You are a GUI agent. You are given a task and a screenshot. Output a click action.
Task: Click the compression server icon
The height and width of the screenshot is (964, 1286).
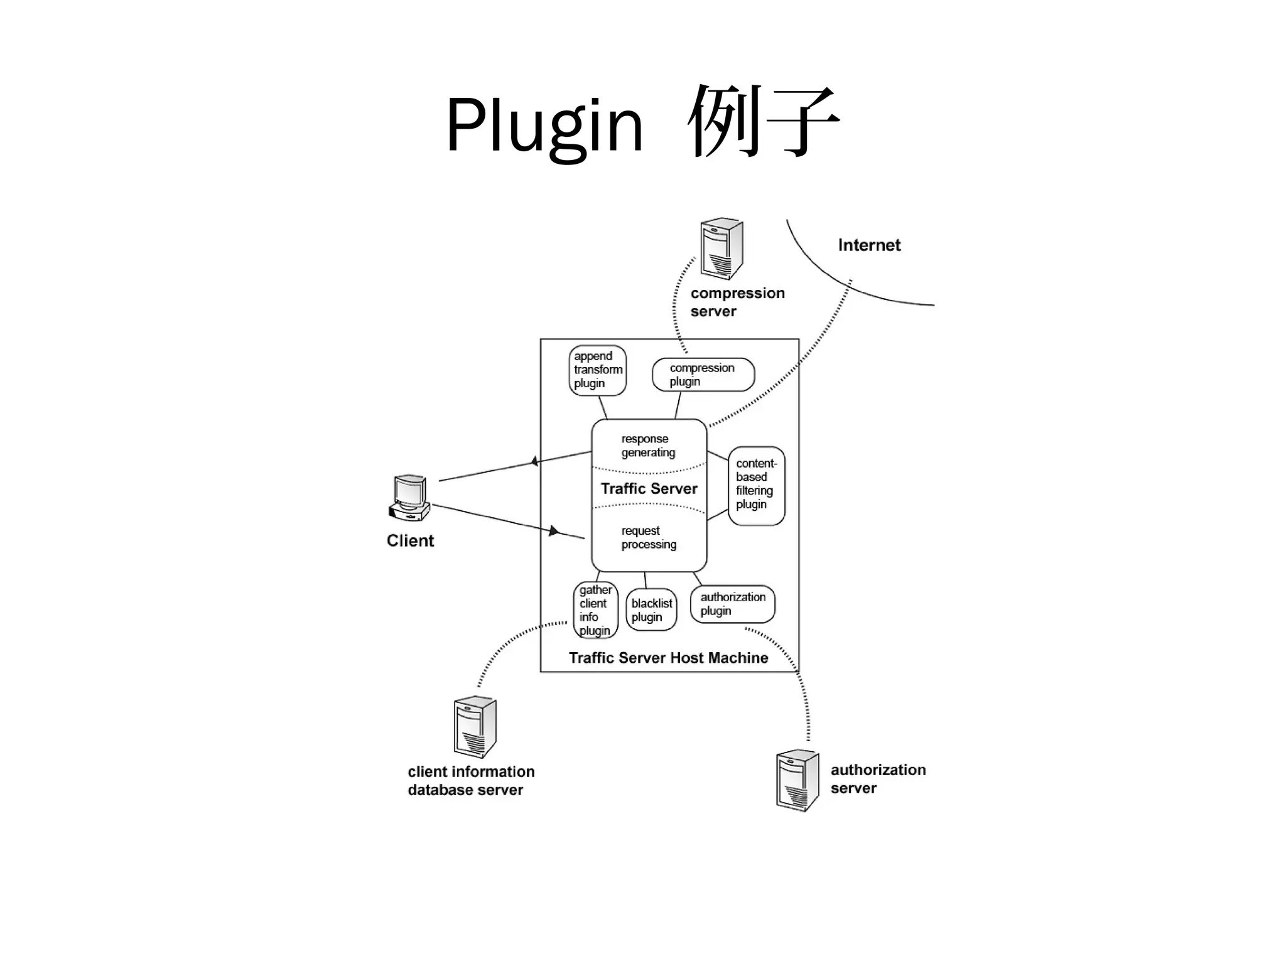click(721, 249)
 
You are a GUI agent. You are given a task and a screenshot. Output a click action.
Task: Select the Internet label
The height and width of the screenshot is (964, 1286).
click(869, 245)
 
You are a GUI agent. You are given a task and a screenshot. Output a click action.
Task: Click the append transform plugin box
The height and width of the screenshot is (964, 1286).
click(597, 370)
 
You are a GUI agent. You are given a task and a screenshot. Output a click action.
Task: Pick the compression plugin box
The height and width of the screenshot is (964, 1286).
click(703, 375)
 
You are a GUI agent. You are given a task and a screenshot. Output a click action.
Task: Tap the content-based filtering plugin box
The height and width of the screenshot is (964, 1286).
click(756, 486)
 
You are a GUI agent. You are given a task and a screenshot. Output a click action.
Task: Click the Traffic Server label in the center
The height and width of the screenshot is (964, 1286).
click(649, 489)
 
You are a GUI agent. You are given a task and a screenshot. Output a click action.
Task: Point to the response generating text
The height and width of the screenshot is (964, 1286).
click(648, 446)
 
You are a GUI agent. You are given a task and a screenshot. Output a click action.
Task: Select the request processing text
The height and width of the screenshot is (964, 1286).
click(649, 538)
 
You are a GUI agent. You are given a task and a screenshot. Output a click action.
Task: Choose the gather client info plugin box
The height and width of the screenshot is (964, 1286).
click(595, 610)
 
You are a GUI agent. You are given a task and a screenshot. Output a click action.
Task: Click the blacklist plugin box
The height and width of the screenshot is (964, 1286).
click(651, 610)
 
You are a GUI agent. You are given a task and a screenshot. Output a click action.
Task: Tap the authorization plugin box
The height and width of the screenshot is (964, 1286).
click(732, 604)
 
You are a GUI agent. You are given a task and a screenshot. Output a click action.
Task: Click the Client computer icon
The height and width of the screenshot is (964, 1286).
click(409, 498)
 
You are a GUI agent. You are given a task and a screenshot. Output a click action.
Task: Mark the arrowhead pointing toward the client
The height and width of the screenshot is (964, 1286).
click(534, 462)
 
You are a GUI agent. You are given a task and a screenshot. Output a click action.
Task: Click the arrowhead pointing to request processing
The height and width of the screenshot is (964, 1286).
click(553, 531)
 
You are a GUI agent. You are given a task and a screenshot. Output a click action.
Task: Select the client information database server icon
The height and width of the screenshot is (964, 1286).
click(475, 728)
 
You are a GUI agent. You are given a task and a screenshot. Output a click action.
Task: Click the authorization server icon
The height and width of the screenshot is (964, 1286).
click(797, 780)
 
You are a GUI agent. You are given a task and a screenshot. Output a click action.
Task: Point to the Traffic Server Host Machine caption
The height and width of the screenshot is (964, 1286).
click(668, 658)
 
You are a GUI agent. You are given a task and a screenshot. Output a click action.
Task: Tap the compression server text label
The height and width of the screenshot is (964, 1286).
click(737, 302)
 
